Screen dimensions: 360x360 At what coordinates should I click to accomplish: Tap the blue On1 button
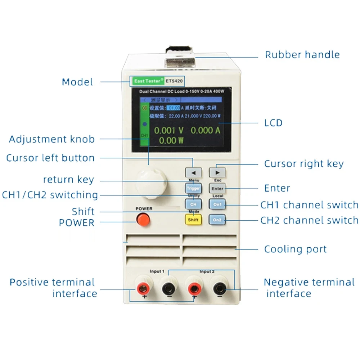(217, 204)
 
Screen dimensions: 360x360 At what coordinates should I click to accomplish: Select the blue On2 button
(217, 220)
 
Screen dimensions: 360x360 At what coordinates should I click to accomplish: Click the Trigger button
(193, 188)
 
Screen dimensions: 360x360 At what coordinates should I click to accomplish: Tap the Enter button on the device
(217, 188)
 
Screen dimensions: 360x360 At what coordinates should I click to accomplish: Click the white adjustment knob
(151, 182)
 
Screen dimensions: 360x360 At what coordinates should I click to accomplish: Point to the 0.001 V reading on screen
(169, 130)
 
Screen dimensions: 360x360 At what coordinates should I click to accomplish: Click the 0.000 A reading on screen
(205, 130)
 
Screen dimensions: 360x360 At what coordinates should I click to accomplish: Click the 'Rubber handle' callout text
(302, 55)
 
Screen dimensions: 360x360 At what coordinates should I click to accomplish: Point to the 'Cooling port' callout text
(295, 249)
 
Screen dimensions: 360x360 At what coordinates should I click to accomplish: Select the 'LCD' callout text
(273, 123)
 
